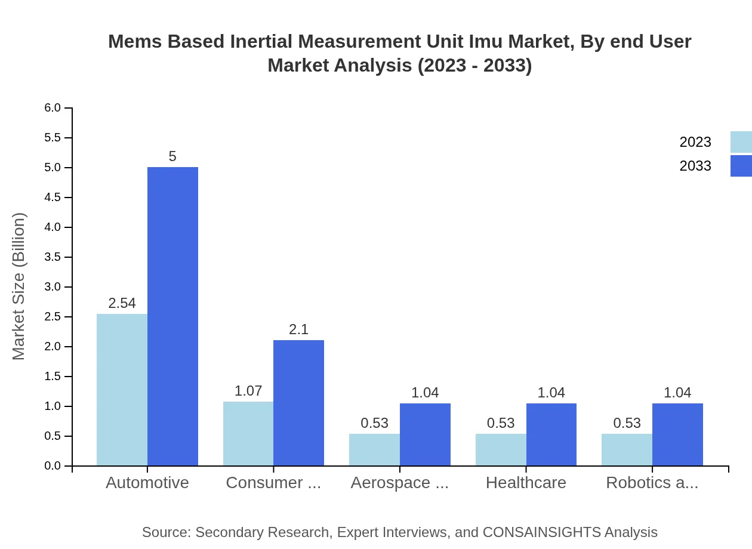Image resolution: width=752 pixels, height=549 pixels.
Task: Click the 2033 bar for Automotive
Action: click(172, 316)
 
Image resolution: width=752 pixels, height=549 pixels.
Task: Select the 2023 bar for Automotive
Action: click(122, 390)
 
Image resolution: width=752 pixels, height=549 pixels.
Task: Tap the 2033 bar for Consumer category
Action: click(298, 403)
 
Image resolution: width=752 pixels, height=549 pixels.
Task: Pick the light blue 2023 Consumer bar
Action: click(248, 433)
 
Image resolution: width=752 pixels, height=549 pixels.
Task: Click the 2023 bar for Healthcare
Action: click(501, 449)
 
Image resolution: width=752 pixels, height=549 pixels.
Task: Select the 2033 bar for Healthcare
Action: click(551, 434)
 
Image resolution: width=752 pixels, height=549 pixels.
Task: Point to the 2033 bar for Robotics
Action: click(677, 434)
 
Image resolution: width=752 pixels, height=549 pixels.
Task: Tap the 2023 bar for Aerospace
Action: click(374, 449)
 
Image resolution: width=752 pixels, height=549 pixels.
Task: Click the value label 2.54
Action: click(122, 303)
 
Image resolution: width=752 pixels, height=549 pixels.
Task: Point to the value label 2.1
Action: click(298, 329)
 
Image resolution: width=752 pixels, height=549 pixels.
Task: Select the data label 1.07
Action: click(248, 391)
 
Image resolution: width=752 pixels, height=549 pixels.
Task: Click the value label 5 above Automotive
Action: click(172, 156)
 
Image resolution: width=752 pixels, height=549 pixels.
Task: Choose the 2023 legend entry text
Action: click(695, 142)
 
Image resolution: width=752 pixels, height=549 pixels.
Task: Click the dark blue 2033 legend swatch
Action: click(741, 166)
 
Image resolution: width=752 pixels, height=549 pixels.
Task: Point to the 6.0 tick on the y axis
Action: click(53, 108)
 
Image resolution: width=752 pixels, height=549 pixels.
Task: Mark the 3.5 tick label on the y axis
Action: click(53, 257)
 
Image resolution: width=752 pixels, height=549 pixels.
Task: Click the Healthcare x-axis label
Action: click(526, 482)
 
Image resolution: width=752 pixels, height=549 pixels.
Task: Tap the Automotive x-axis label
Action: click(147, 482)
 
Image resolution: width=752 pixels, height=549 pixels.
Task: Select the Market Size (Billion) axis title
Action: click(19, 286)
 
